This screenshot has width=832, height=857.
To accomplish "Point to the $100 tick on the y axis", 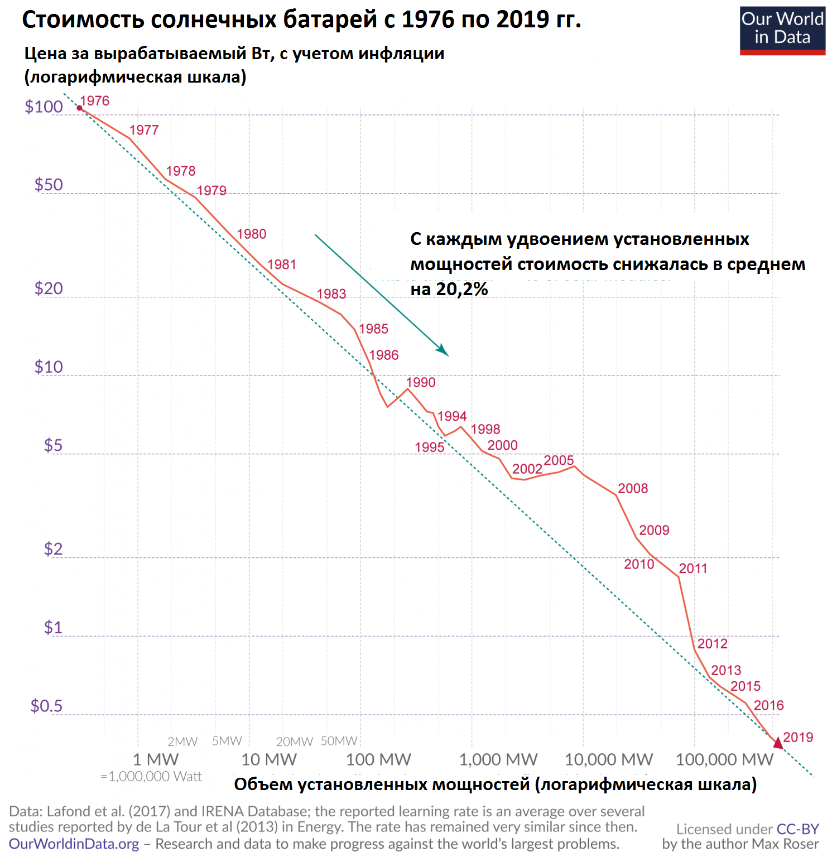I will [x=44, y=107].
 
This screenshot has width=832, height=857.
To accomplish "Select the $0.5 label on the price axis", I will [x=46, y=706].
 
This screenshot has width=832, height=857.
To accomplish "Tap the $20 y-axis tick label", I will [x=49, y=288].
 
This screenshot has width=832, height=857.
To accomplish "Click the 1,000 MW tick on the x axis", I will [x=498, y=759].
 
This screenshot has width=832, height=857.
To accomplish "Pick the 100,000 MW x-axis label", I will [x=724, y=759].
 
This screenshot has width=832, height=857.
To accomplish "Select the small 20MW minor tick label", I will [x=294, y=742].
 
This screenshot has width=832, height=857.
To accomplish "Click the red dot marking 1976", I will [x=80, y=108].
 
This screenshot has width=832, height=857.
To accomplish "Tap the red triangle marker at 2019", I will [x=778, y=743].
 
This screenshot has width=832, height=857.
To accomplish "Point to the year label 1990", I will [x=421, y=382].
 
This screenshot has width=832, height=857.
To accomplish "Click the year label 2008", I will [x=633, y=488].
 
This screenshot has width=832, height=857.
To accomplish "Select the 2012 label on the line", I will [x=713, y=643].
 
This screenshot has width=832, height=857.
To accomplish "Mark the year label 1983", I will [x=331, y=293].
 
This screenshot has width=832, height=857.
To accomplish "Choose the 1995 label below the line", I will [x=430, y=447].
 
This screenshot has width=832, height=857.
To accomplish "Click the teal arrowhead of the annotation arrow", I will [x=443, y=350].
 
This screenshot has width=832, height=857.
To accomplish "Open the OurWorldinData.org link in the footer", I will [x=74, y=844].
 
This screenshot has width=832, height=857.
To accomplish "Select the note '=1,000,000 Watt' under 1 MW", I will [x=151, y=777].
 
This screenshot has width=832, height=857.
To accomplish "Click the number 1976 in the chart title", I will [x=428, y=20].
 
